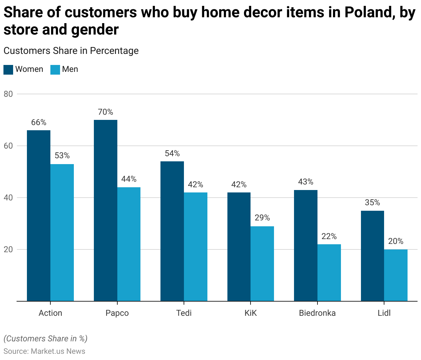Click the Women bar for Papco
click(105, 210)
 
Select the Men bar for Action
click(62, 233)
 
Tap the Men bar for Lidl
click(396, 275)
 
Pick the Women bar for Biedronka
click(305, 245)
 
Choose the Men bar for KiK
click(262, 264)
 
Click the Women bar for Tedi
click(172, 231)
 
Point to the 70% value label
click(105, 112)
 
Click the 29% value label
click(262, 218)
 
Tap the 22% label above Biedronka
click(329, 236)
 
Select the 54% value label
click(172, 153)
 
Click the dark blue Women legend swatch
click(8, 69)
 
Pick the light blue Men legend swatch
click(55, 69)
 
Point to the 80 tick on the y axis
click(8, 94)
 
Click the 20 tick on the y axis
click(8, 249)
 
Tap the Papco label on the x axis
click(117, 313)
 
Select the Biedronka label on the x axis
click(317, 313)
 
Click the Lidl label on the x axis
click(384, 313)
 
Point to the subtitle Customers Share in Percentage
click(71, 51)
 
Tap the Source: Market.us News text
click(44, 351)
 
